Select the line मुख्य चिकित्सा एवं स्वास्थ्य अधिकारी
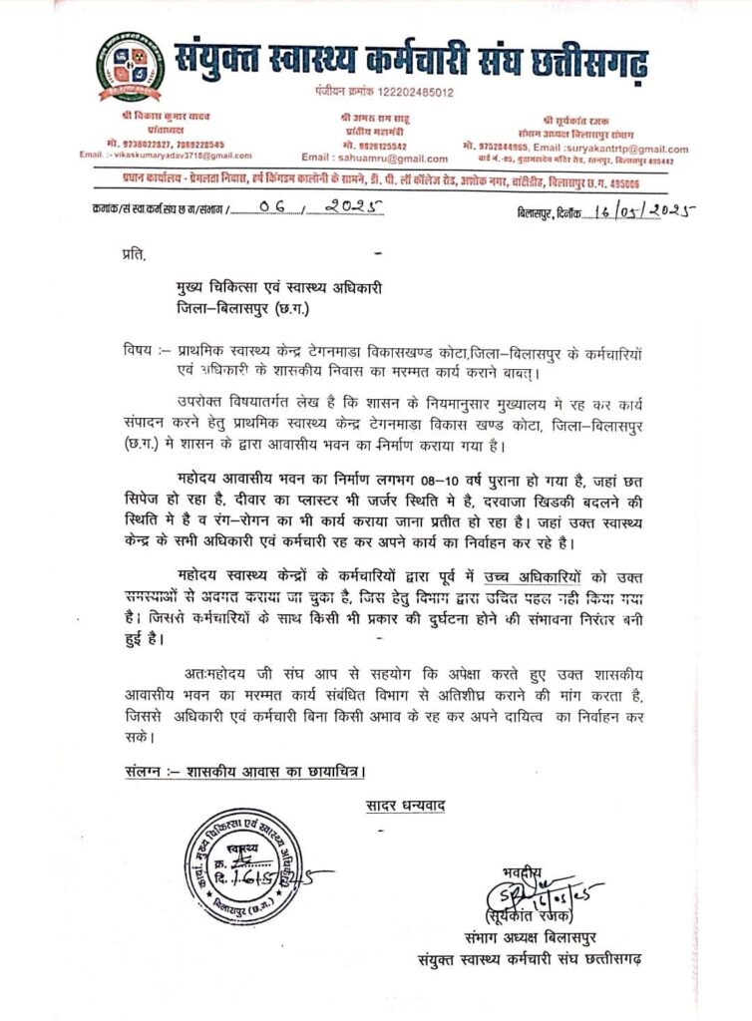pos(275,288)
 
